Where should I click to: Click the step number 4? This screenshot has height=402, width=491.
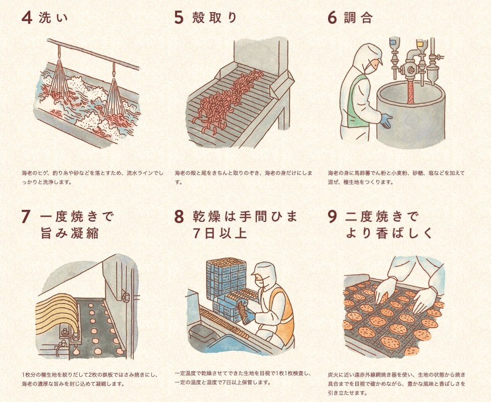point(27,18)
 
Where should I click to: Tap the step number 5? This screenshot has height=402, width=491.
point(179,18)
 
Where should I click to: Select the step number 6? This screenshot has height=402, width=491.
point(332,18)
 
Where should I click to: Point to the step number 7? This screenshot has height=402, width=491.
point(26,216)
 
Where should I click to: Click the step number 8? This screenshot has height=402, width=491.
point(179,216)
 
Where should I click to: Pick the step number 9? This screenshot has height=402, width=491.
point(333,216)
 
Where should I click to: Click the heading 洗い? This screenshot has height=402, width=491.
point(53,18)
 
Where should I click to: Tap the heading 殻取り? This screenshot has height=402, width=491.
point(214,18)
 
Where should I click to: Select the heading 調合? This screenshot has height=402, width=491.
point(359,18)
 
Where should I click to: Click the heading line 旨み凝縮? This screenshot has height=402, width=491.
point(70,233)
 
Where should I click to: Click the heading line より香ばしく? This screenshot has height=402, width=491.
point(389,233)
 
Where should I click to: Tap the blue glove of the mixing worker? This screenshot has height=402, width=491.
point(386,121)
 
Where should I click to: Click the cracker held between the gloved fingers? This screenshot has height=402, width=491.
point(384,299)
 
